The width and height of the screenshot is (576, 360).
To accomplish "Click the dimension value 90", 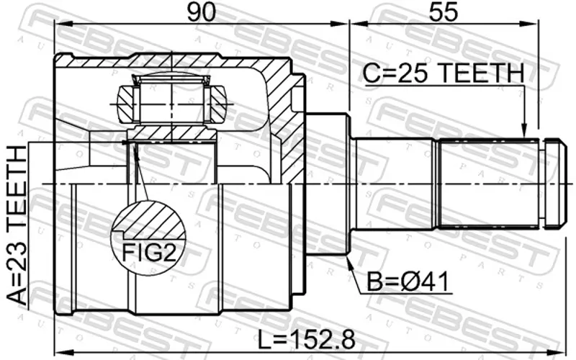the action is (x=201, y=12).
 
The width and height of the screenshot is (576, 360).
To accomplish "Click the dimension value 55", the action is (x=444, y=12).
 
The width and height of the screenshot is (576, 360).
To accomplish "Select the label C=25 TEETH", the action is (x=444, y=73).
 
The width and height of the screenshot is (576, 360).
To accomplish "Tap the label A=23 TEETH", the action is (x=17, y=225).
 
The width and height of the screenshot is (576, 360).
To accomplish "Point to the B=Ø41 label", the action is (x=408, y=283).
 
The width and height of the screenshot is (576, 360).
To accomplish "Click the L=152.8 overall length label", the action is (x=307, y=340).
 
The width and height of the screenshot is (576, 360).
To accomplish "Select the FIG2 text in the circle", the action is (x=149, y=253).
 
